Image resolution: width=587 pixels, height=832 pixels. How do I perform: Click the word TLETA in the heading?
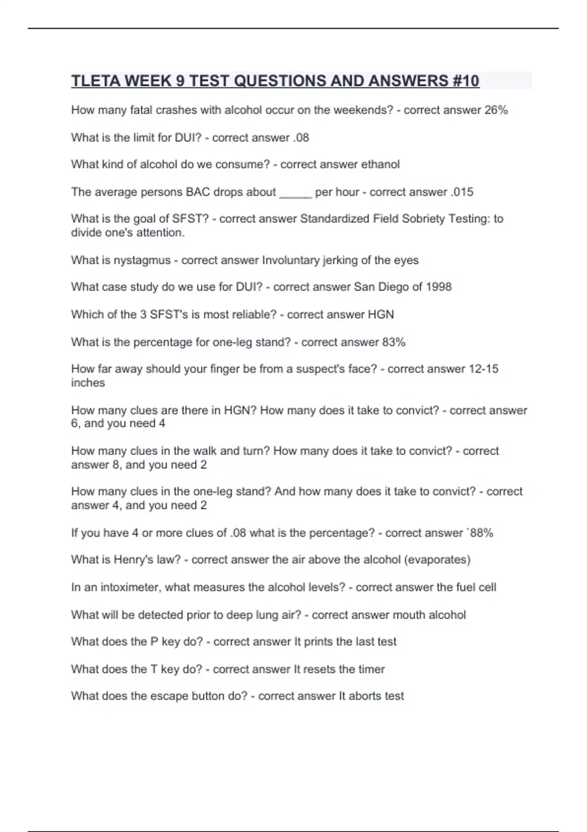tap(96, 81)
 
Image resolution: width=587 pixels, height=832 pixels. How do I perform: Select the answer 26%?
tap(496, 110)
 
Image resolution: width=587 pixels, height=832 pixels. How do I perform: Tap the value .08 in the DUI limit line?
tap(301, 138)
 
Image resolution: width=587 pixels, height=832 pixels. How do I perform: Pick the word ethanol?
tap(380, 164)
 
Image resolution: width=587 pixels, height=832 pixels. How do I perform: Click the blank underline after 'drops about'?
tap(295, 192)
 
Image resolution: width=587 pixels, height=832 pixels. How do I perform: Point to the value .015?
tap(462, 192)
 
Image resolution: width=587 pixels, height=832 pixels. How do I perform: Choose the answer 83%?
tap(394, 342)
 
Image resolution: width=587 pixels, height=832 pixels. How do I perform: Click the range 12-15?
tap(483, 369)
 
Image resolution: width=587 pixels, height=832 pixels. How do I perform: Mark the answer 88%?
tap(482, 533)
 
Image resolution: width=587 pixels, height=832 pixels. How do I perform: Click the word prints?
tap(318, 642)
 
